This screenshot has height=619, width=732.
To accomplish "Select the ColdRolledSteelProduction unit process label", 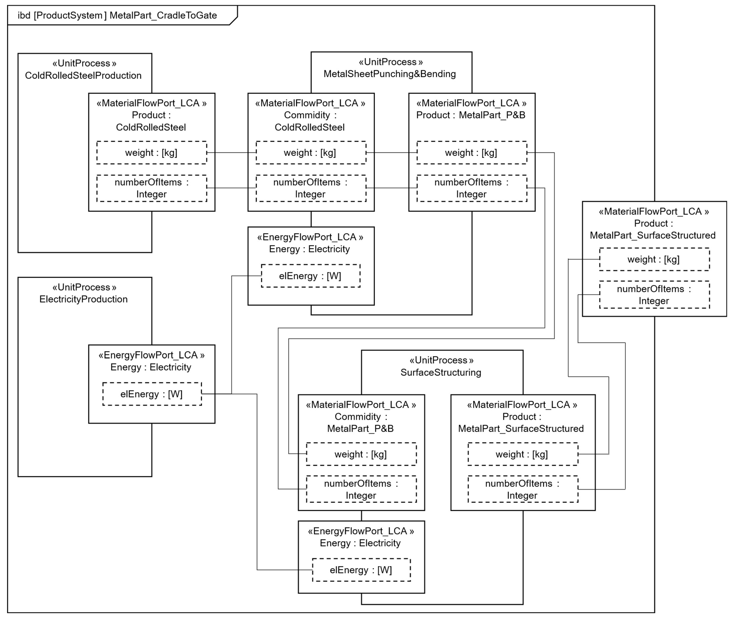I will pos(83,75).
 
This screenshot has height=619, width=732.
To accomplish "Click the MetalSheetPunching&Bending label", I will pos(390,74).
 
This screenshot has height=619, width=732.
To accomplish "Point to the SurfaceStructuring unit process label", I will pos(441,372).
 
